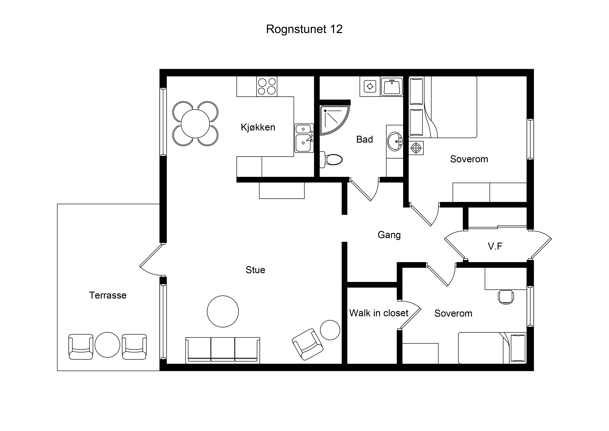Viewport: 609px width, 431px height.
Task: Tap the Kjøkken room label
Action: (258, 127)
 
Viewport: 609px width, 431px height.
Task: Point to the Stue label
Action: (255, 270)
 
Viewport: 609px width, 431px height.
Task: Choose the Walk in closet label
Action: (379, 313)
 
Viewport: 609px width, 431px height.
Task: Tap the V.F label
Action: (495, 246)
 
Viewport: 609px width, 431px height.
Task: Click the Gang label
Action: (389, 235)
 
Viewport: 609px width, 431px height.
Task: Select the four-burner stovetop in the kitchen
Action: (267, 86)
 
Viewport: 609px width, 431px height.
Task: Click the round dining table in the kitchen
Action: (195, 124)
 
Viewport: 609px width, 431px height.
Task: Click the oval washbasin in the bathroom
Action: (395, 141)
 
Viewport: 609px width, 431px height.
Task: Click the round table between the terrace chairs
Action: (107, 345)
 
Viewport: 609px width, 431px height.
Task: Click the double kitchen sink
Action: (304, 138)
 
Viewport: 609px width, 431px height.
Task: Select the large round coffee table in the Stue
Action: (223, 311)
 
